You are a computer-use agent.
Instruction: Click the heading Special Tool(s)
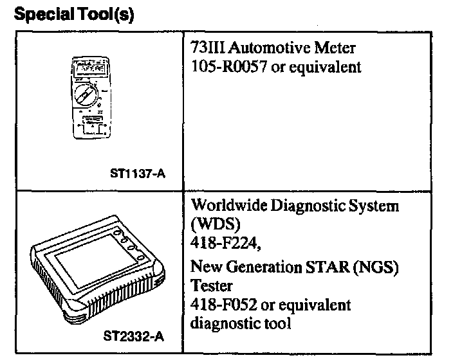tap(73, 15)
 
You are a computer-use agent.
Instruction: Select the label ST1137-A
tap(137, 172)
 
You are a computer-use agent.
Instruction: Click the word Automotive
tap(263, 48)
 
